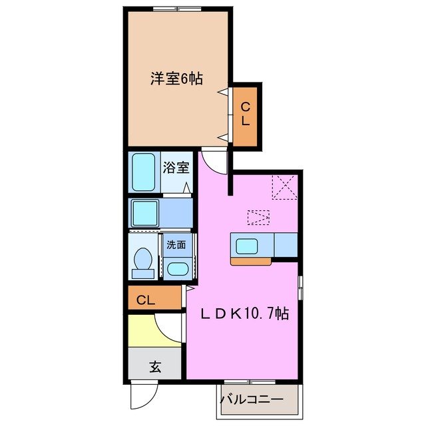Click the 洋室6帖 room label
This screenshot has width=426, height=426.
(x=176, y=79)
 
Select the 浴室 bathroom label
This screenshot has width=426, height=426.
(x=176, y=166)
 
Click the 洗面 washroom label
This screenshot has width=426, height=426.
(x=177, y=244)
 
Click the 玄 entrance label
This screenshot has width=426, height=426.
(x=154, y=366)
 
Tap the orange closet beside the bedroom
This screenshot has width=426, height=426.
(x=245, y=114)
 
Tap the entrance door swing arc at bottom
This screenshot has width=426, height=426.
(x=141, y=398)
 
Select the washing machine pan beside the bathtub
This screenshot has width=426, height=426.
(x=144, y=214)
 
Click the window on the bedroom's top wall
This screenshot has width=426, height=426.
(x=176, y=9)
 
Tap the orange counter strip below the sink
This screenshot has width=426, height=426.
(x=251, y=261)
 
